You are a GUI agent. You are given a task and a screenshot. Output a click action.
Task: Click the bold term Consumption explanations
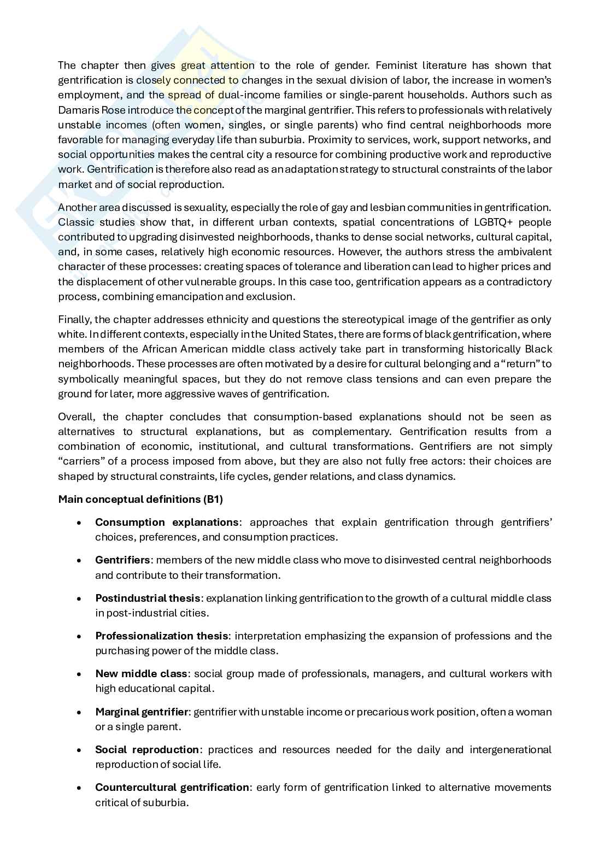pos(167,522)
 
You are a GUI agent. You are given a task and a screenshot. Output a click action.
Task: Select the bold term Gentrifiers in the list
pos(122,560)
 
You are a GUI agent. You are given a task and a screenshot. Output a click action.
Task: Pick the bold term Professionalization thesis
pos(161,636)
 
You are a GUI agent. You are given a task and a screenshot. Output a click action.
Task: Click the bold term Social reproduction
pos(147,749)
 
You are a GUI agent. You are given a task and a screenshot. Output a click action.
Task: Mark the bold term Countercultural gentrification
pos(172,787)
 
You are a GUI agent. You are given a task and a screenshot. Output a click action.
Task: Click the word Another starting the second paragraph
pos(77,207)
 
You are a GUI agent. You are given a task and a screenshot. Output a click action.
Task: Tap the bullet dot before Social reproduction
pos(80,750)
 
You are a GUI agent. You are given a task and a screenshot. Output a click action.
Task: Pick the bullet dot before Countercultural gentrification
pos(80,788)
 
